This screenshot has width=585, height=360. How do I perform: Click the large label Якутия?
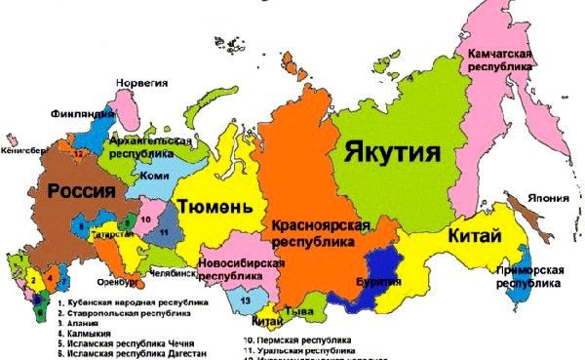click(x=389, y=152)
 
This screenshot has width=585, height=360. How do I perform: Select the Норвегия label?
click(x=142, y=84)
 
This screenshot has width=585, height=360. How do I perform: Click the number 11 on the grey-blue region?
click(x=165, y=231)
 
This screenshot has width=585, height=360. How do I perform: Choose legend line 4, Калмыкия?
click(x=81, y=337)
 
